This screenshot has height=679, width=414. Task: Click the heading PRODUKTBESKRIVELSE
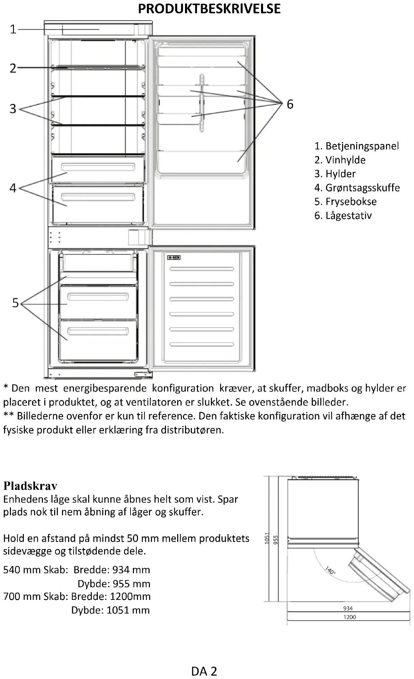click(209, 9)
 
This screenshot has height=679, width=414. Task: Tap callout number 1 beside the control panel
click(13, 29)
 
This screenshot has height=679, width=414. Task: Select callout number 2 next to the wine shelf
click(13, 68)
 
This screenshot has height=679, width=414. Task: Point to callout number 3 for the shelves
click(13, 109)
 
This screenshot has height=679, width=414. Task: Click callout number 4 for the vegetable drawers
click(13, 188)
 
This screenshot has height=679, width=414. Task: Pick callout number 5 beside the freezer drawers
click(15, 303)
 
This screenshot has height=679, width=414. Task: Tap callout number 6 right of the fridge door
click(290, 104)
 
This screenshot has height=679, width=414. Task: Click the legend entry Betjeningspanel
click(356, 146)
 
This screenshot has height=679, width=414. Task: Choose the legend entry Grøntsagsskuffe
click(357, 188)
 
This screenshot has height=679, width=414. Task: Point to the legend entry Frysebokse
click(346, 202)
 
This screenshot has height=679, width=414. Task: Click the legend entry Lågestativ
click(343, 216)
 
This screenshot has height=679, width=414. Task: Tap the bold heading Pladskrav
click(30, 485)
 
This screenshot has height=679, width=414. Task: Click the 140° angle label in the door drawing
click(330, 570)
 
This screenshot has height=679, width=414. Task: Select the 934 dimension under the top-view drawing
click(348, 608)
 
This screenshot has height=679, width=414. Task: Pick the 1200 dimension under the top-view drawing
click(350, 617)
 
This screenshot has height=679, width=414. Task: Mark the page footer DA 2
click(204, 671)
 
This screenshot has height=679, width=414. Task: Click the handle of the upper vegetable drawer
click(98, 167)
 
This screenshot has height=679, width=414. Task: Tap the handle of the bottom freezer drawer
click(98, 330)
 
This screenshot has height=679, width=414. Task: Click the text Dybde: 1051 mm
click(110, 610)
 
